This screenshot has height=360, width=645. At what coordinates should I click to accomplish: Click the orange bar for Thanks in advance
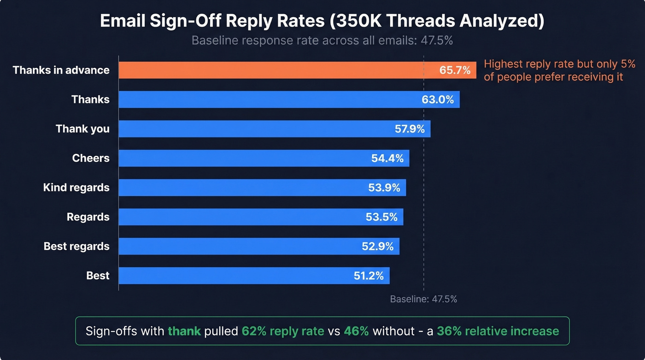(x=272, y=70)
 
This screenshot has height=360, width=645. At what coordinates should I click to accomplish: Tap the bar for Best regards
(x=240, y=246)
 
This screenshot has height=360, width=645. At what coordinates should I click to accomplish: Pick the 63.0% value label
(x=438, y=100)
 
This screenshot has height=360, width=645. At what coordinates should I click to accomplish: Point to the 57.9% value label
(x=410, y=129)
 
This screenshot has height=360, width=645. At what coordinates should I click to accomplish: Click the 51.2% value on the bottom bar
(x=369, y=276)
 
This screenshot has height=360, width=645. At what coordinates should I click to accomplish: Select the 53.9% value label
(x=384, y=188)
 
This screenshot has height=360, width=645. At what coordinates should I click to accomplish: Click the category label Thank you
(x=82, y=129)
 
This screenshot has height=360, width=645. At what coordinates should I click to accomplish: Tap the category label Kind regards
(x=76, y=188)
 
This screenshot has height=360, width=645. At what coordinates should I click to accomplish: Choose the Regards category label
(x=88, y=217)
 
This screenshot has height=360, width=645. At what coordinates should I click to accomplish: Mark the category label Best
(x=98, y=276)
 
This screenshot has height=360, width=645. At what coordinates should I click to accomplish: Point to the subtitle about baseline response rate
(x=322, y=41)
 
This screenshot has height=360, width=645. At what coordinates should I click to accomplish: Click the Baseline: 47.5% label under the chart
(x=423, y=299)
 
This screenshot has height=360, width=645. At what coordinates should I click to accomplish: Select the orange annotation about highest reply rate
(x=559, y=71)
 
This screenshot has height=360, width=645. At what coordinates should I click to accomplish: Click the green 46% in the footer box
(x=356, y=331)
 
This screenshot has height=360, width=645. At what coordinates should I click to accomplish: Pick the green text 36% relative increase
(x=498, y=331)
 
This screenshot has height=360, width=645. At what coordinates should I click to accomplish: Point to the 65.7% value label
(x=455, y=70)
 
